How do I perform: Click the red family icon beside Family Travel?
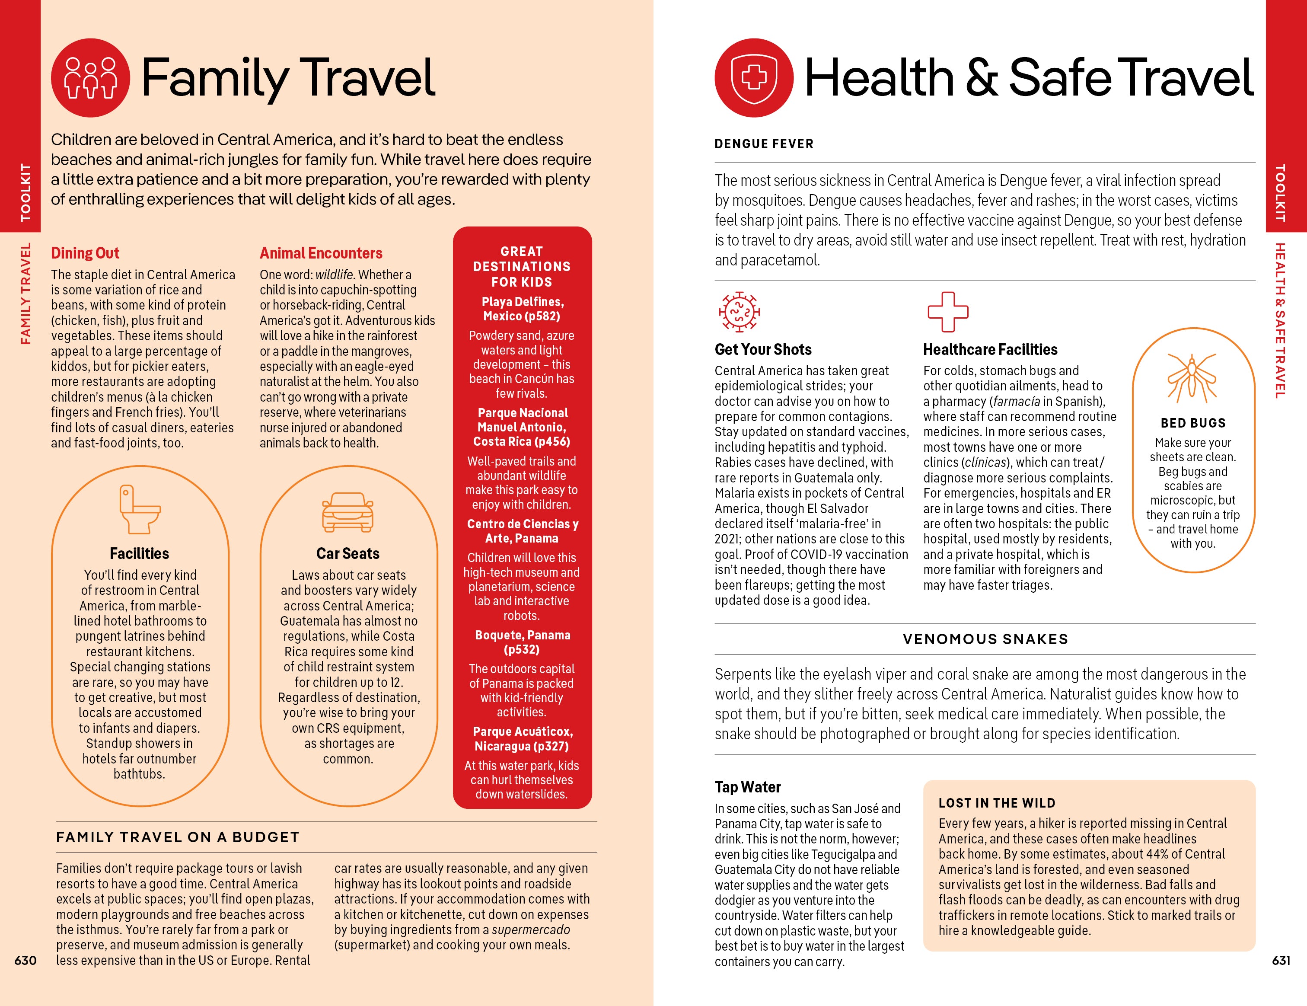pos(90,78)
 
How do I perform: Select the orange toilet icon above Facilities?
pos(140,509)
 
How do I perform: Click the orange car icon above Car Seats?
pos(347,512)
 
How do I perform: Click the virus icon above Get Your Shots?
pos(739,312)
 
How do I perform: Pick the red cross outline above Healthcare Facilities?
pos(947,312)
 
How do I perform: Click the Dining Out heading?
pos(85,253)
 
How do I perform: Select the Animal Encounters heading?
pos(321,253)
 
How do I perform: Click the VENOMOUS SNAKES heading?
pos(985,639)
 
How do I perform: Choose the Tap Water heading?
pos(747,787)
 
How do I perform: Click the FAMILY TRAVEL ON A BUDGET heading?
pos(178,837)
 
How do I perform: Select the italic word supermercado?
pos(531,929)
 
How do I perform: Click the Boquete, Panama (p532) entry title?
pos(523,642)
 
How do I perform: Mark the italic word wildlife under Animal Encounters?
pos(334,275)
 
